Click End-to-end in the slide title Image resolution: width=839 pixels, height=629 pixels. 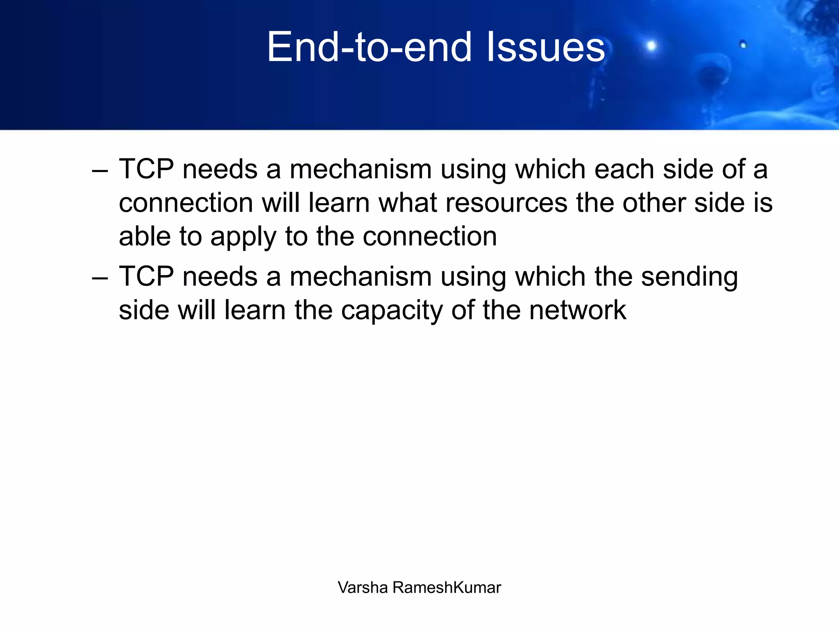point(369,48)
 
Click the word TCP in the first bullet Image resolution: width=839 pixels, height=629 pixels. point(146,169)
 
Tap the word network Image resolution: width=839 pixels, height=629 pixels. point(578,310)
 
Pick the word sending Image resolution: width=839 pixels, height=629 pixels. point(689,278)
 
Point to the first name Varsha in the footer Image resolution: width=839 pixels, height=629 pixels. point(363,588)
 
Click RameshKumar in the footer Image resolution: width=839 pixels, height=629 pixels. point(447,588)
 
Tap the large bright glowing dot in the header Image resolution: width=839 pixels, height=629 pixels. point(651,45)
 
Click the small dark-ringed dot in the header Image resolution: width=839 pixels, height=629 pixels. point(743,45)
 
